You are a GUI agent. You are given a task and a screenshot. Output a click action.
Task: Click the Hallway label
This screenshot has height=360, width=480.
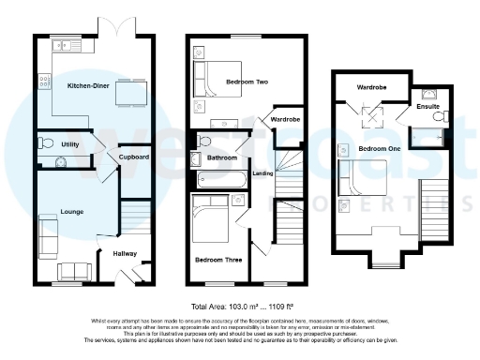[126, 254]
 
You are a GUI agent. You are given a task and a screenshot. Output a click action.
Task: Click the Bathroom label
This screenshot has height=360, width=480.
[222, 158]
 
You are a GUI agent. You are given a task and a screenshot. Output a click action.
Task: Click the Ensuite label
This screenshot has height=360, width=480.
[427, 107]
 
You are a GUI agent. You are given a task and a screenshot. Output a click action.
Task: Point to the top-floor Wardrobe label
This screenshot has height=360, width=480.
[371, 88]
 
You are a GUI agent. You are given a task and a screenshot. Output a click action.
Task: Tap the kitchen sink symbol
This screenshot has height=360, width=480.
[66, 45]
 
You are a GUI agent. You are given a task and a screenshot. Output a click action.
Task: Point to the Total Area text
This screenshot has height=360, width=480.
[239, 307]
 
